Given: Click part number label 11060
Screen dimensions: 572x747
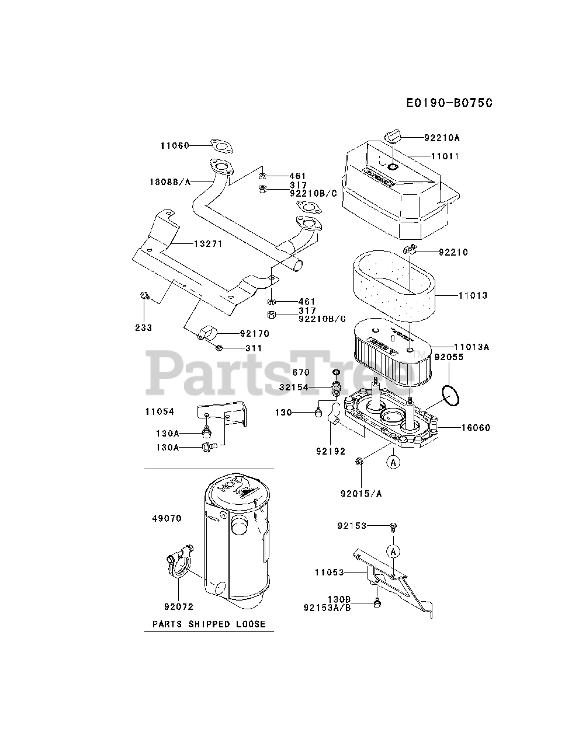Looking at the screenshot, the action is tap(174, 145).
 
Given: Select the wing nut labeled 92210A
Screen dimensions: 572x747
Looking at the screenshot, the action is tap(392, 137).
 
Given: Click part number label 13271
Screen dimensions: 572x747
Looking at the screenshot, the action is tap(208, 243).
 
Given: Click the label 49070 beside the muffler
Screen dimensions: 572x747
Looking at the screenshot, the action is tap(167, 518).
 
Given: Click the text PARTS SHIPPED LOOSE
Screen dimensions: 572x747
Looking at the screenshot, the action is tap(209, 624).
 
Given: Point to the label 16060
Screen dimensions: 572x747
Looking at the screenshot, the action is tap(476, 428).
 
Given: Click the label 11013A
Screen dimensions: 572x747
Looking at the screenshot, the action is tap(473, 347).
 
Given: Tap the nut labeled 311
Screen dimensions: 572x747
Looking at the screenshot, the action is tap(218, 348).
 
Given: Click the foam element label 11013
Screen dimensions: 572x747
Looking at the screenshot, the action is tap(473, 296).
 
